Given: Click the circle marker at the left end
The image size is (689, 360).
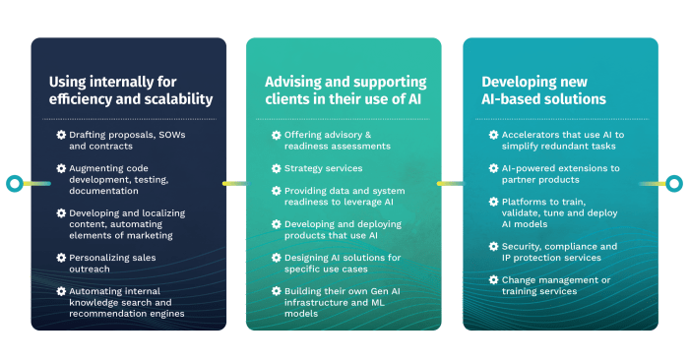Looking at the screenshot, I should coord(13,183).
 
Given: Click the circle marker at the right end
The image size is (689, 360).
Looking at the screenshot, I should coord(674,183).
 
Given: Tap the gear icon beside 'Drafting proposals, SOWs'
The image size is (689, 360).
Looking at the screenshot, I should coord(61,135).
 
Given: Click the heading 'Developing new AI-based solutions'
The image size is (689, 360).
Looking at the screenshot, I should coord(543,90).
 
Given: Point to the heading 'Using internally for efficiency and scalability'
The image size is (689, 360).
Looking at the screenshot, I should coord(131,90).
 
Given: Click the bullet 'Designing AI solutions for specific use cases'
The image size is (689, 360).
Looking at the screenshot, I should coord(336,264).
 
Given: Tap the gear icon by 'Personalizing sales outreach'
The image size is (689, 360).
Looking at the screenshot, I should coord(61,258).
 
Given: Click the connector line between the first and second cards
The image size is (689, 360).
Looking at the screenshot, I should coord(236,183).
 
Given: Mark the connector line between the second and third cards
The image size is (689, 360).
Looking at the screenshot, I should coord(452,183).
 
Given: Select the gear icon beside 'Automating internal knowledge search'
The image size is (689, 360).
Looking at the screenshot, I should coord(61,291).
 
